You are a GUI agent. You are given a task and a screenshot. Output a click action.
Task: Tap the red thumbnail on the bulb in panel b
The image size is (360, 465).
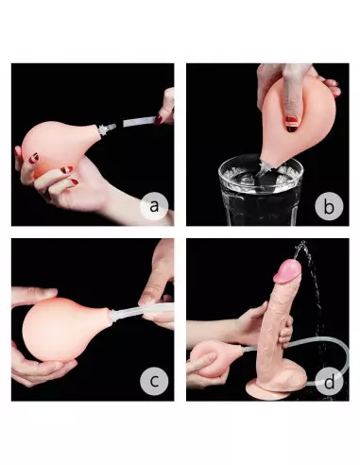(x=292, y=121)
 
